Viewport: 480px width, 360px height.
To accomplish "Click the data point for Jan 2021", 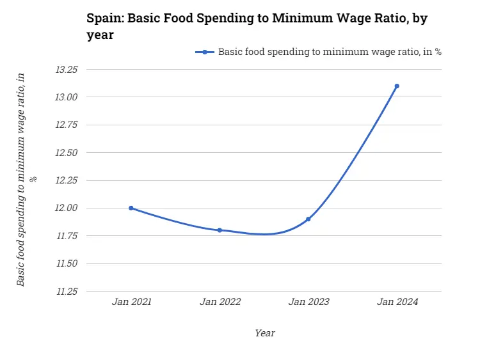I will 131,208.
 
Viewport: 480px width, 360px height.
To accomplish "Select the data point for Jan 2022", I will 220,230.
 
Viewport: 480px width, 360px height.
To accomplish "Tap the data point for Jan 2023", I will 308,219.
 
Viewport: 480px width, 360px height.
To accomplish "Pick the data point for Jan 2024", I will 397,86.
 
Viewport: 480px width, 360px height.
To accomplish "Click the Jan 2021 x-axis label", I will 131,302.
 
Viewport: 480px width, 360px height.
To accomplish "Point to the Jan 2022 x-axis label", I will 220,302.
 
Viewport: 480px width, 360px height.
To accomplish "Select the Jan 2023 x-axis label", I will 308,302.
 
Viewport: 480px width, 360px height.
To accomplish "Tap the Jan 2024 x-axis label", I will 397,302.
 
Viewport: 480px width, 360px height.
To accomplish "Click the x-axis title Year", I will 264,333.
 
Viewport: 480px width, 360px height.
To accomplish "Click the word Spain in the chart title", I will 104,18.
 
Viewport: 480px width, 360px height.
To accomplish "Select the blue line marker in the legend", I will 204,52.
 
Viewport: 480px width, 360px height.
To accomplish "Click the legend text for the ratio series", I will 330,52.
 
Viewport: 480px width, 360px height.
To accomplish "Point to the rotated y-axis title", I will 26,179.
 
